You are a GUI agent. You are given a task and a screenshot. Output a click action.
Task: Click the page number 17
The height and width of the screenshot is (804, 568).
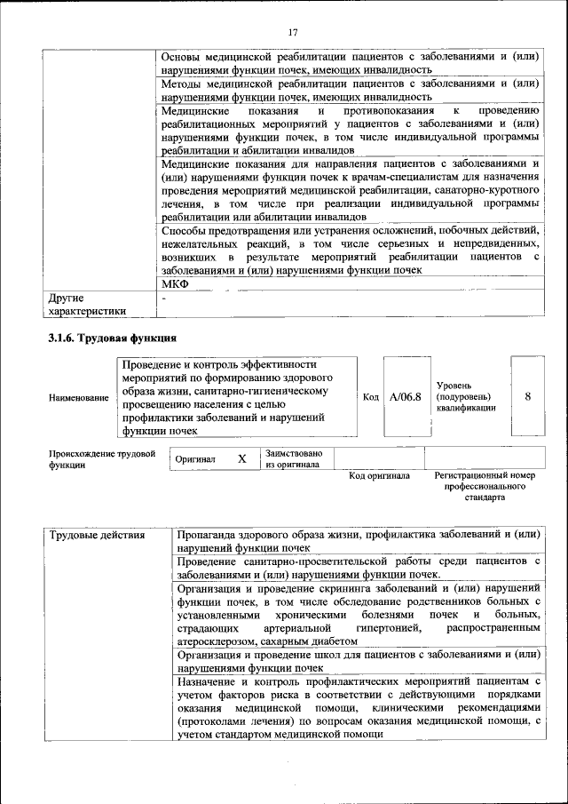293,33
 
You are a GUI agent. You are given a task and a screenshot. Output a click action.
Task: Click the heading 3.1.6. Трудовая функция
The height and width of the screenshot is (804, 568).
112,338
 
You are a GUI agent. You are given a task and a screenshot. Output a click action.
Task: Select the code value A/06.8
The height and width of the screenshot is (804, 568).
405,397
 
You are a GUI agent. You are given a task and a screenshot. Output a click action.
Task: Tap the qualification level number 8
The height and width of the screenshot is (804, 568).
528,397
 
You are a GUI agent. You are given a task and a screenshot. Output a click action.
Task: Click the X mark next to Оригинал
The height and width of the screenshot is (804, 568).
241,459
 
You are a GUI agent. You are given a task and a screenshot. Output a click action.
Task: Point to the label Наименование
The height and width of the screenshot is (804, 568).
79,398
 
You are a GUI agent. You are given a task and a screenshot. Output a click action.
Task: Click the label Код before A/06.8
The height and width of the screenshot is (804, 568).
372,397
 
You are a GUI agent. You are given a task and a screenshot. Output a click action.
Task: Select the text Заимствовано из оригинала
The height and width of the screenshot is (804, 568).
294,459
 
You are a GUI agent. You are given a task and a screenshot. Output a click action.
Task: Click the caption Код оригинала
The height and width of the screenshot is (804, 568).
379,476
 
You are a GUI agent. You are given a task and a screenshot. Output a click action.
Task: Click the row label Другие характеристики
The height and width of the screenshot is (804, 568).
87,305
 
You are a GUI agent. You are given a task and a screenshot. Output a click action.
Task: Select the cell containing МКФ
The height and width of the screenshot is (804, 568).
176,284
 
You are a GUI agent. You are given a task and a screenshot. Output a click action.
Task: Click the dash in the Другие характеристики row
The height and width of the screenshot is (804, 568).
164,299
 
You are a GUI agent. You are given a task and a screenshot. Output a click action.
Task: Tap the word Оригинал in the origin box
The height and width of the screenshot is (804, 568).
196,460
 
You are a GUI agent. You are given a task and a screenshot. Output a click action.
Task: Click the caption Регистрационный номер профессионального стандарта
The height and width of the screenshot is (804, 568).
485,487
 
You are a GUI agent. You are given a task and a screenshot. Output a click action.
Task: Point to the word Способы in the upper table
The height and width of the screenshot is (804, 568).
185,231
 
